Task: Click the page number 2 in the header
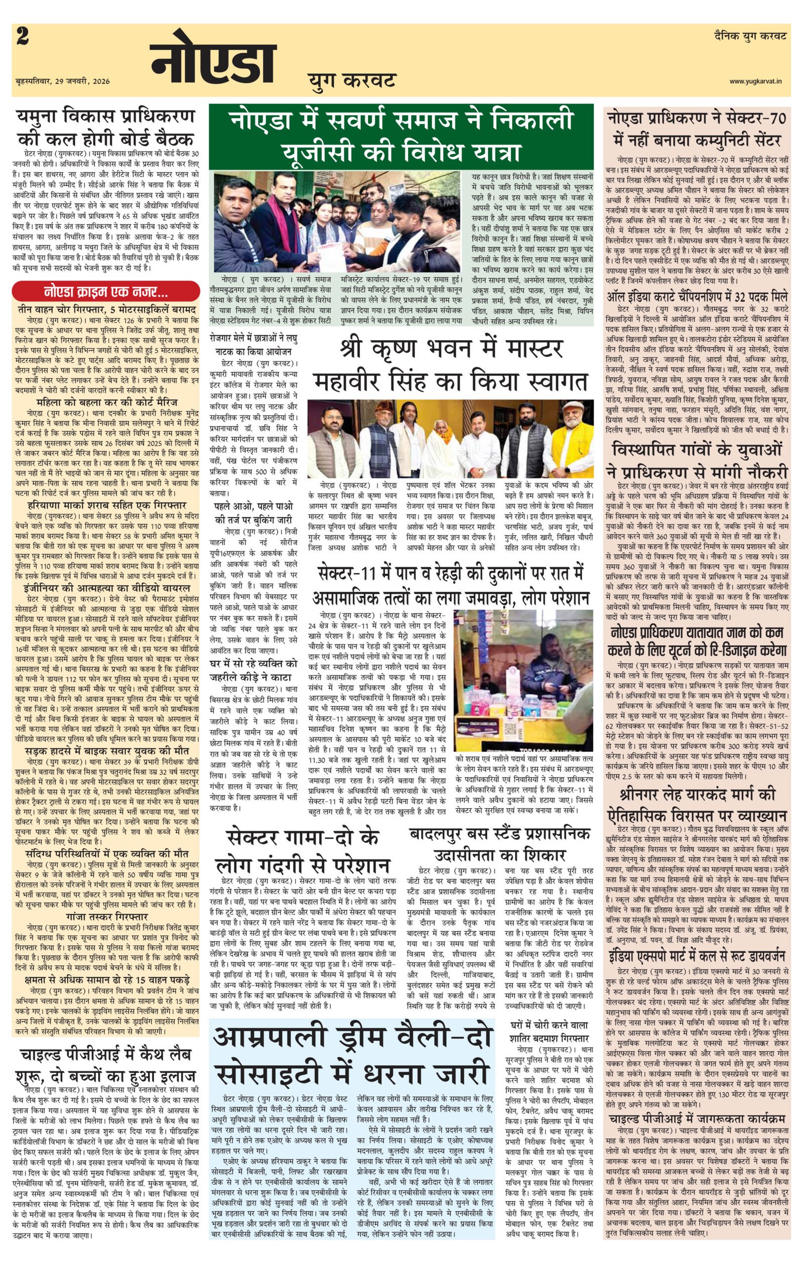(x=23, y=38)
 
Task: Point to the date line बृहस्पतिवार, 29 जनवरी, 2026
(x=63, y=81)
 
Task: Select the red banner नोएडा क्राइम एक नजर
(x=105, y=291)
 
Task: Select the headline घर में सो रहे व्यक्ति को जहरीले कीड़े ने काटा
(x=253, y=670)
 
